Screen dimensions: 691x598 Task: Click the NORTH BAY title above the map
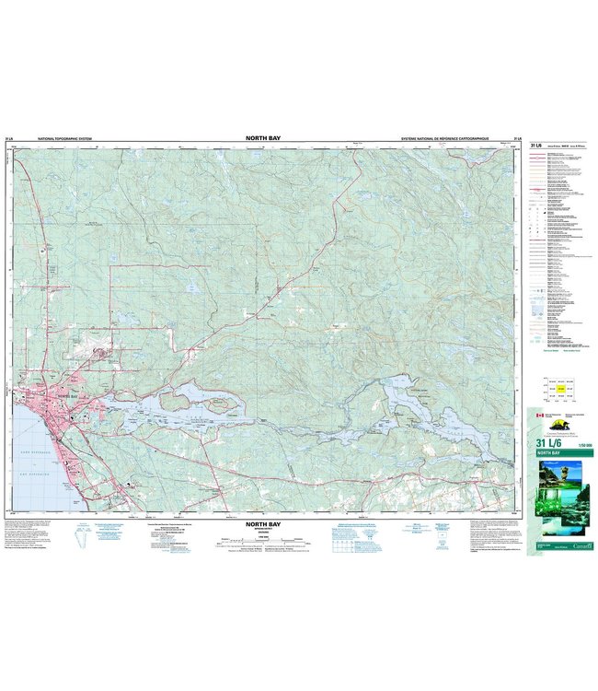click(x=263, y=137)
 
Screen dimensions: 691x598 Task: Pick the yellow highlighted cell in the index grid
click(x=561, y=391)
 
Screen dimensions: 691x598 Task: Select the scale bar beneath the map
click(x=263, y=545)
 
